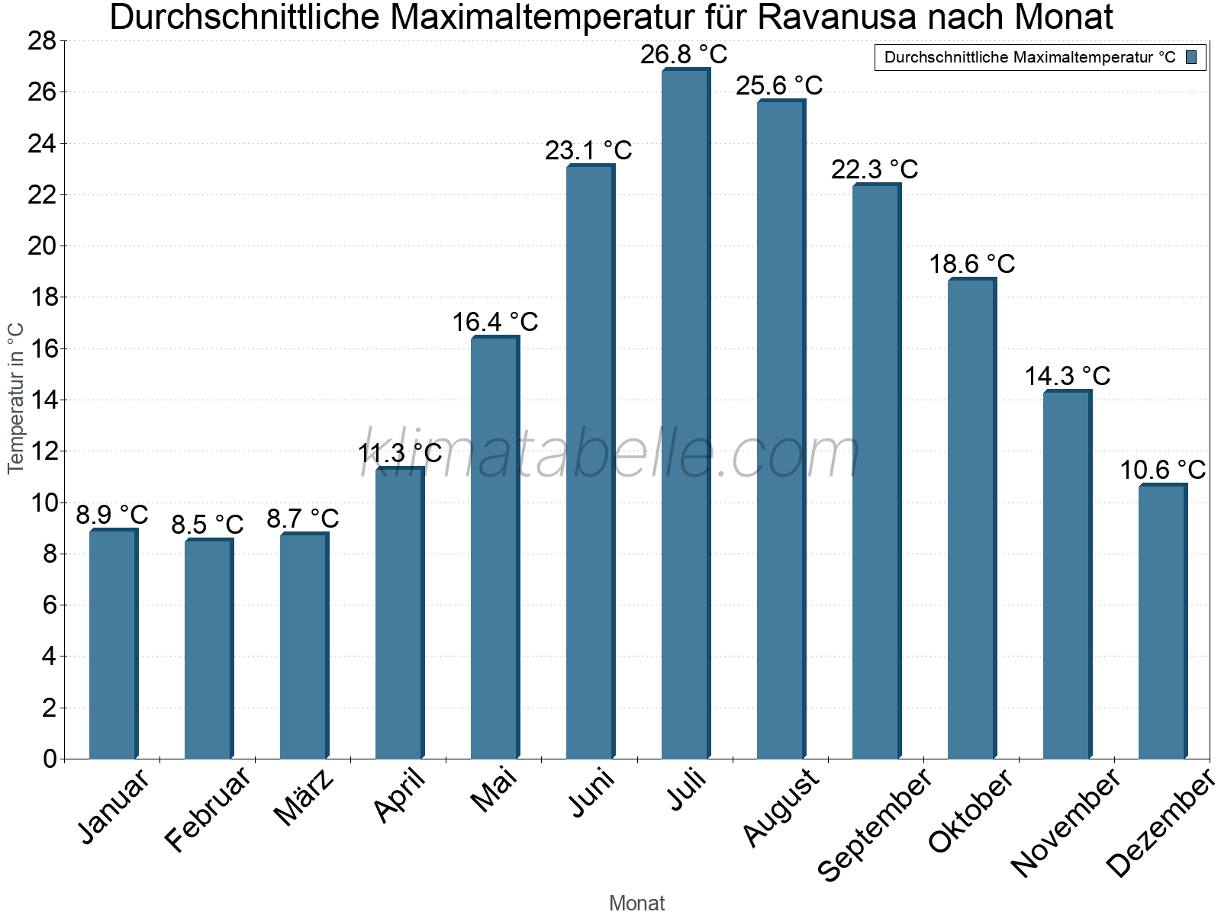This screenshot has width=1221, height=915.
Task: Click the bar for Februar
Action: point(208,649)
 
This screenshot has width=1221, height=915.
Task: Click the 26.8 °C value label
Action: point(684,55)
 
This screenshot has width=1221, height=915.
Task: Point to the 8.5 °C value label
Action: point(207,525)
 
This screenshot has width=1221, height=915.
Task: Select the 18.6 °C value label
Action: point(971,265)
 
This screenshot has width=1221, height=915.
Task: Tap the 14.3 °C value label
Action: point(1067,376)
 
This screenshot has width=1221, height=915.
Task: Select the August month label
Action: point(781,807)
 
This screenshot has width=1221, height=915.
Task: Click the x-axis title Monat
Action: point(636,903)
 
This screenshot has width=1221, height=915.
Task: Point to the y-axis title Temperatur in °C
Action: point(16,398)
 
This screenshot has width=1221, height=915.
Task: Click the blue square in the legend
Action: point(1191,57)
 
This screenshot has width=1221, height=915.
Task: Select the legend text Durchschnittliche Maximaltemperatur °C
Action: point(1029,57)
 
